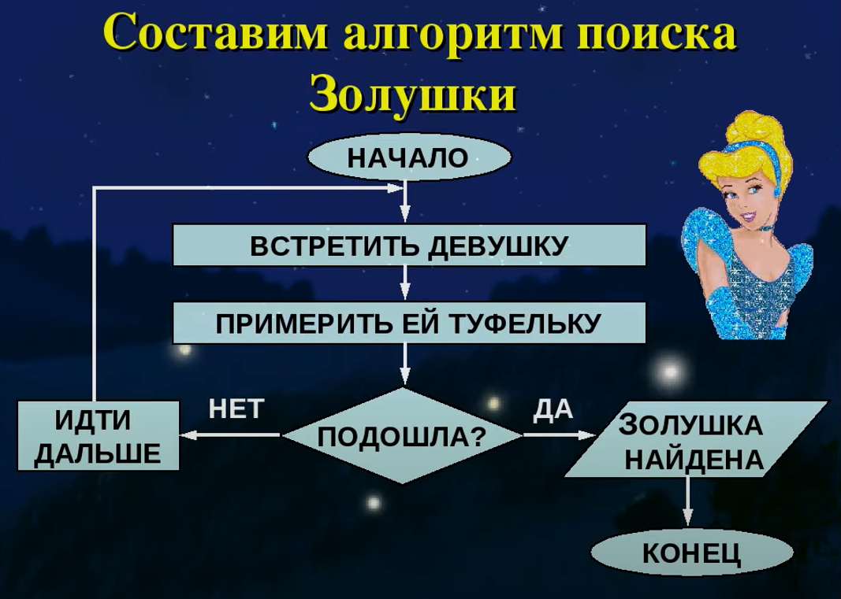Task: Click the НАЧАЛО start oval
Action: click(x=409, y=157)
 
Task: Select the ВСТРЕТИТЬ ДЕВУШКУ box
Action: click(x=409, y=246)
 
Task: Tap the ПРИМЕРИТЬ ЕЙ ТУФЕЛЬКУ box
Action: click(x=409, y=323)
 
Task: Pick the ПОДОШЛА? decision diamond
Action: click(x=402, y=435)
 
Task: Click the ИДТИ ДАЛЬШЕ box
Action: click(x=99, y=435)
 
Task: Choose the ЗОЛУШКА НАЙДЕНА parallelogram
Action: click(x=696, y=438)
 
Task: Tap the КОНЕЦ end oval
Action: click(x=692, y=552)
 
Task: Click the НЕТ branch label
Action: click(x=236, y=409)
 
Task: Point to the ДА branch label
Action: click(x=553, y=410)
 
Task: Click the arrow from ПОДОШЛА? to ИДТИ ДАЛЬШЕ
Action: click(x=231, y=435)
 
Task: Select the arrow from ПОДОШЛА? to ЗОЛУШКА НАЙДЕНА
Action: click(x=560, y=435)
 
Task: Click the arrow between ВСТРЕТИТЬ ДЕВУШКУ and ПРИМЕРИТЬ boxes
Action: click(x=405, y=283)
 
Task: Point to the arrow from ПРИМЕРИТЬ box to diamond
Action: click(x=405, y=365)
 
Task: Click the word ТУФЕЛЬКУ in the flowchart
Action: click(x=524, y=323)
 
